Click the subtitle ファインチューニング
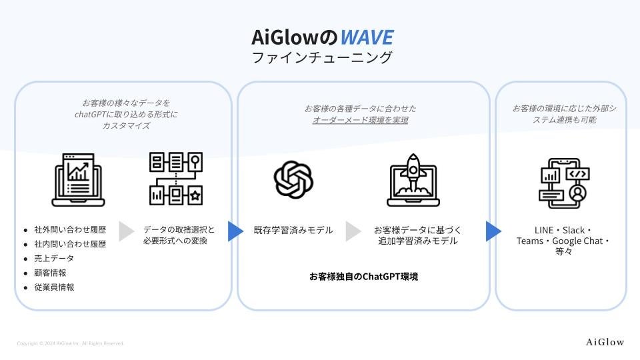point(322,58)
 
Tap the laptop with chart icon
point(79,179)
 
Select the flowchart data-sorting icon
point(175,179)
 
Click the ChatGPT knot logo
point(293,179)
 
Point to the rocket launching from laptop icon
point(411,179)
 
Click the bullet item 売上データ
point(54,258)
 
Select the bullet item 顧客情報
point(50,273)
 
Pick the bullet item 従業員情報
point(54,287)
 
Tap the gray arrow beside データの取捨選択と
point(127,231)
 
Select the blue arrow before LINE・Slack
point(493,231)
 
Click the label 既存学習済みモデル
point(293,231)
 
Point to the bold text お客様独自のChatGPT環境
point(363,276)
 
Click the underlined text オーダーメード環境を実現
point(360,121)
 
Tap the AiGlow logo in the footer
point(605,342)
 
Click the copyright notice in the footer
point(70,343)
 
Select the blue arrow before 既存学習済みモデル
point(235,231)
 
